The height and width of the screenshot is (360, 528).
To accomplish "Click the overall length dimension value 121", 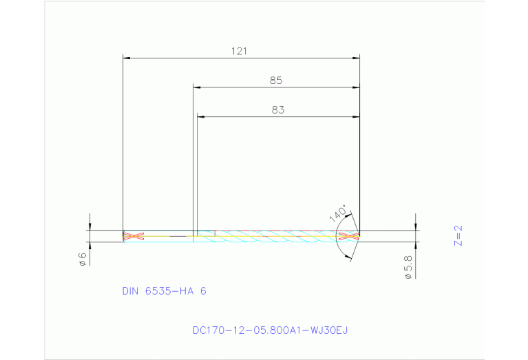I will click(240, 51).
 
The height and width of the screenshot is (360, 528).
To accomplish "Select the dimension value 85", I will click(276, 81).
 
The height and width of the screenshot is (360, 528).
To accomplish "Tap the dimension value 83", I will click(277, 109).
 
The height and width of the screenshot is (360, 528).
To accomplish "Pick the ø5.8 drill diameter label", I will click(408, 267).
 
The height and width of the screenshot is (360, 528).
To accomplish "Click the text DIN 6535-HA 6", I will click(164, 291).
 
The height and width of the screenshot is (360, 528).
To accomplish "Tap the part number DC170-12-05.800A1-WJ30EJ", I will click(270, 330).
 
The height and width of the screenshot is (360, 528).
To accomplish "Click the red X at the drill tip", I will click(349, 236).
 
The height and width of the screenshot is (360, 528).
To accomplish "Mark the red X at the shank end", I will click(133, 236).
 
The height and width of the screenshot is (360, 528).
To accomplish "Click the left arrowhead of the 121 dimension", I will click(126, 59).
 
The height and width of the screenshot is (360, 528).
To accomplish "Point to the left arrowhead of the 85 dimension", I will click(197, 87).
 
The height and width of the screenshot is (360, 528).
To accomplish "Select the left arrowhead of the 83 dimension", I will click(201, 116).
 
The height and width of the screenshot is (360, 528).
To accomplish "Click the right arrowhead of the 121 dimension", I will click(356, 59).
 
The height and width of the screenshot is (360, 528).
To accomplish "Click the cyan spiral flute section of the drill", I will click(275, 236).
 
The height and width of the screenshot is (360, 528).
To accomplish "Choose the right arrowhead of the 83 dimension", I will click(356, 116).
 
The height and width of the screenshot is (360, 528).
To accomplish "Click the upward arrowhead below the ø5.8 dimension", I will click(416, 245).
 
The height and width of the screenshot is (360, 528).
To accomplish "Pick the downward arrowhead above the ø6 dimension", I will click(89, 227).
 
